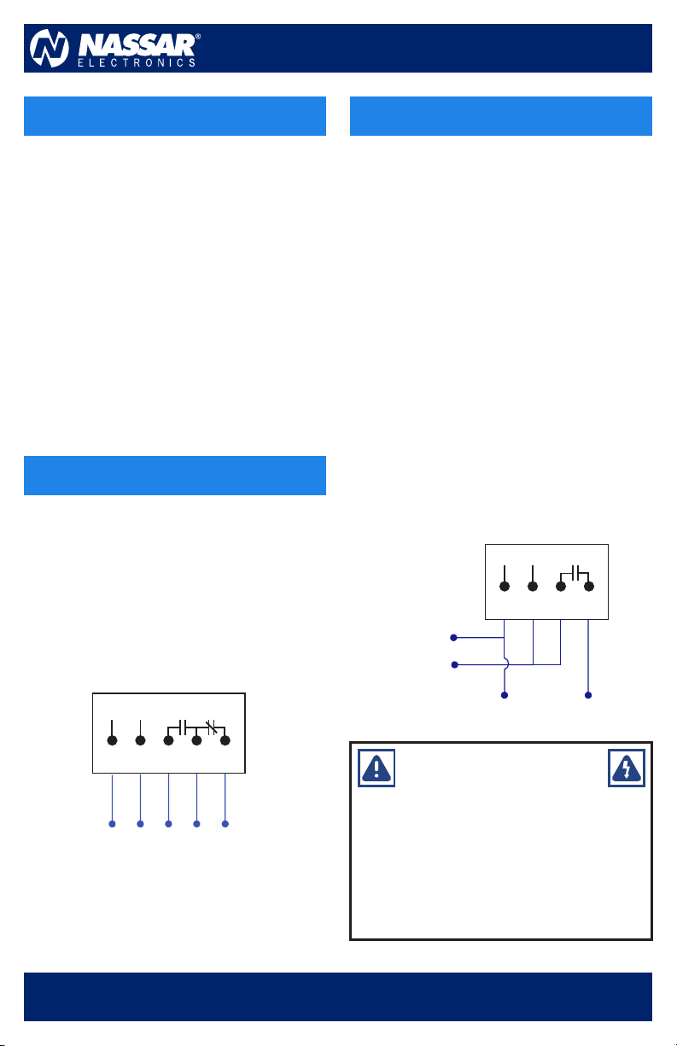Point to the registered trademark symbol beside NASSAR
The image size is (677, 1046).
click(x=198, y=38)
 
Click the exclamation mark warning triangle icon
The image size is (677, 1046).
click(x=376, y=768)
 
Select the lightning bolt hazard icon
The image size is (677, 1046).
click(x=627, y=768)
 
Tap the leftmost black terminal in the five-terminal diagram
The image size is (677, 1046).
click(x=112, y=740)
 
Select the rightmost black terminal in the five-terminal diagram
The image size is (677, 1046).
click(x=225, y=740)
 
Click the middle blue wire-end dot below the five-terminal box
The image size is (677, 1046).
click(x=168, y=824)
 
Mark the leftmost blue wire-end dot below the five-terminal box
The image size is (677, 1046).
click(x=112, y=824)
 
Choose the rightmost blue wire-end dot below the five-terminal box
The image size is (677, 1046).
click(x=225, y=824)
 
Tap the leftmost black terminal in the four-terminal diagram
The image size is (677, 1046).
click(x=505, y=587)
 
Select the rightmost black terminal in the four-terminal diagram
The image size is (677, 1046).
click(x=588, y=587)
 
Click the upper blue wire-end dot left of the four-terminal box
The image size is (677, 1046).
click(x=453, y=637)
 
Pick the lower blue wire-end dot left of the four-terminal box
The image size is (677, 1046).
click(x=453, y=664)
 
